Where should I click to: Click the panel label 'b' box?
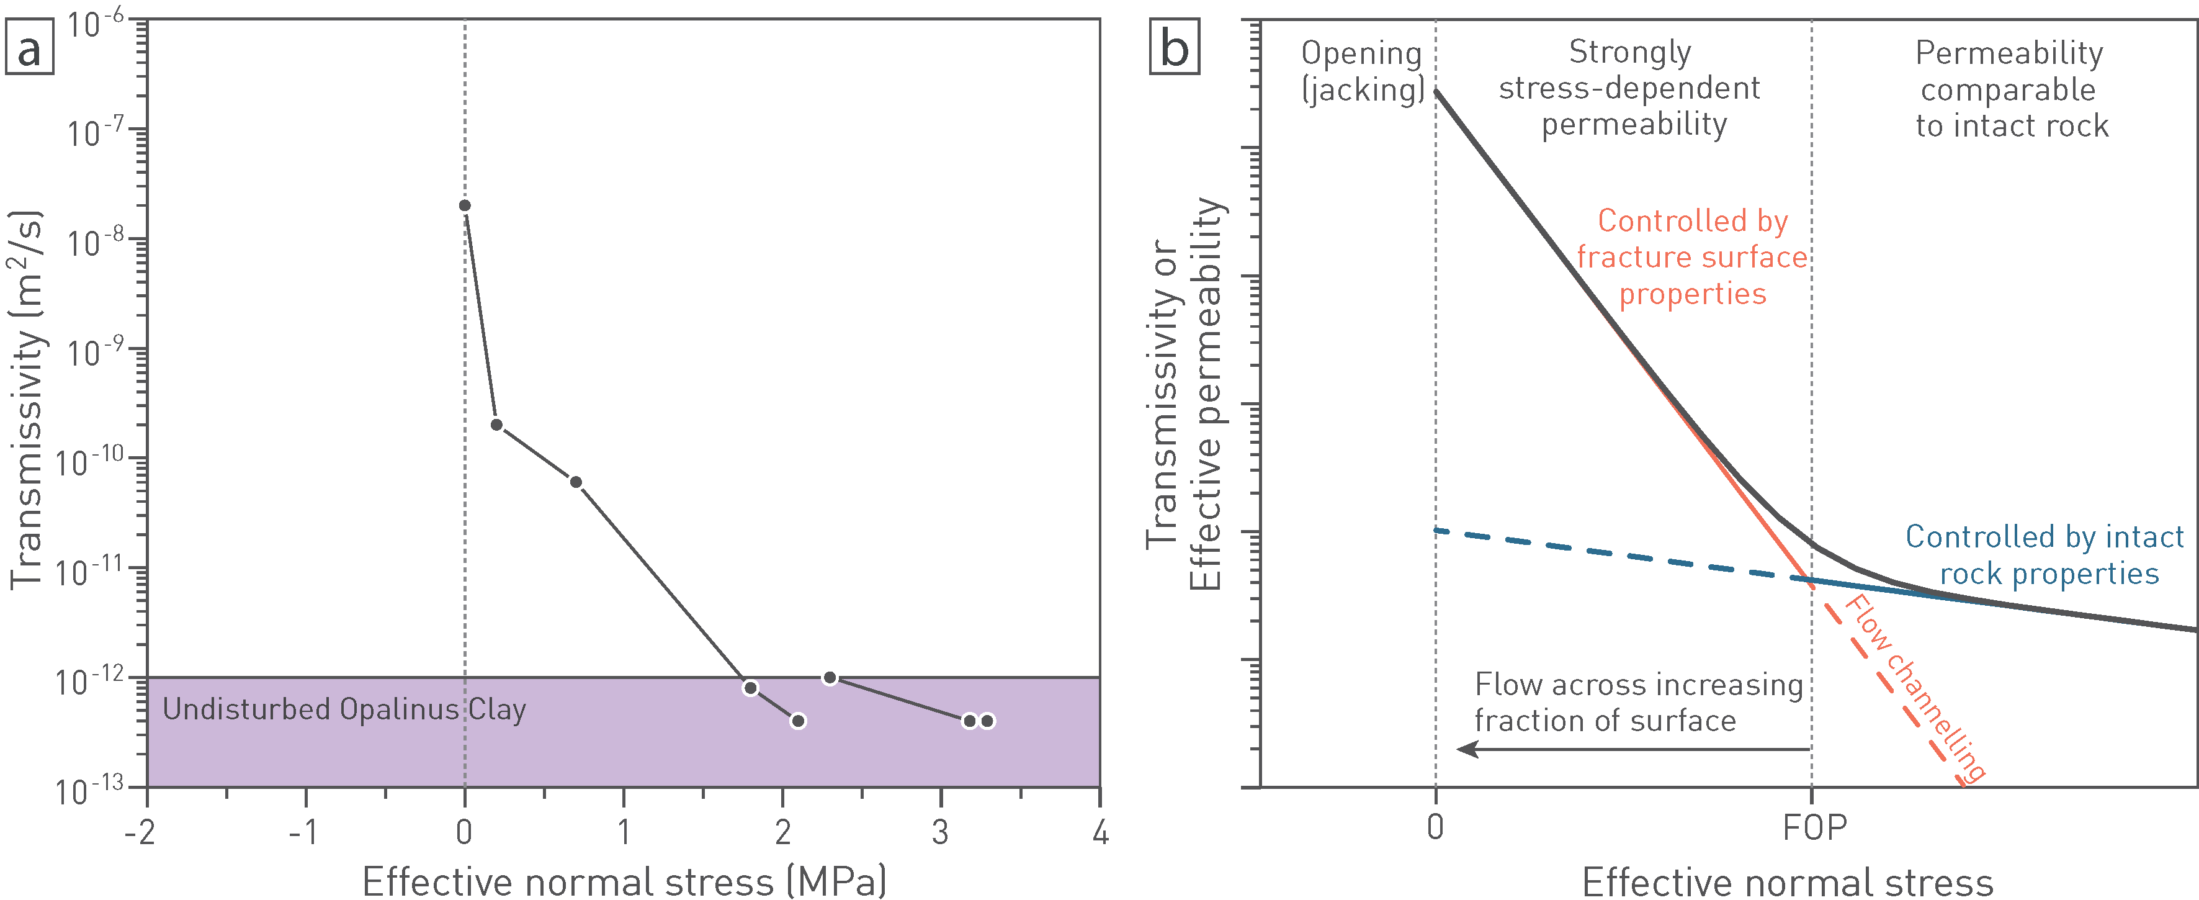(1175, 48)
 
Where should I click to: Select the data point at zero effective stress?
(464, 206)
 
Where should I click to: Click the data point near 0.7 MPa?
(576, 482)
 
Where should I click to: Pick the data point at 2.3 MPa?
(830, 678)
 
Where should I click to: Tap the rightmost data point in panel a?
(988, 721)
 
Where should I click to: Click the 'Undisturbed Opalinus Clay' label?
(344, 709)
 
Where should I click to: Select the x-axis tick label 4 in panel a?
(1100, 832)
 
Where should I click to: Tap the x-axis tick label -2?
(140, 832)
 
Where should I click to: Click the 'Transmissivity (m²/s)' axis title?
(27, 400)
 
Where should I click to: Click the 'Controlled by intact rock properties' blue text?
(2044, 555)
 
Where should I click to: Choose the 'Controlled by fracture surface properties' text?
(1692, 257)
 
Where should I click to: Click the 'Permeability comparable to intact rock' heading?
(2010, 89)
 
